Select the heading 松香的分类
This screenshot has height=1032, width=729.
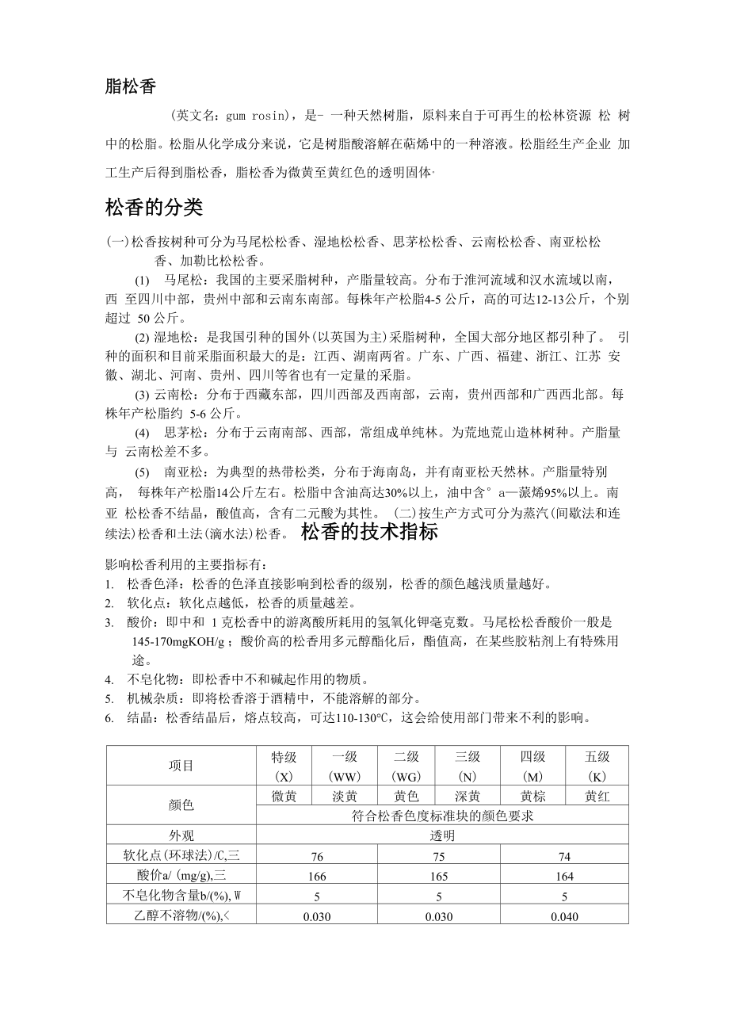pos(154,208)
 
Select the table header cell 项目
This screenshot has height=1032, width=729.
pos(181,766)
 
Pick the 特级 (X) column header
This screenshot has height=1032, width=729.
pos(284,766)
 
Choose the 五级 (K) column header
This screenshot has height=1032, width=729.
pos(597,766)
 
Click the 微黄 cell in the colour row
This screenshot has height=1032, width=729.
pos(284,797)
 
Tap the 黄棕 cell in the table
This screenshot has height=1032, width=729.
pos(532,797)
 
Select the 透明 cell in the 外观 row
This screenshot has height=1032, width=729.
pos(442,835)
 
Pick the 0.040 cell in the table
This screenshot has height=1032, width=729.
pos(564,916)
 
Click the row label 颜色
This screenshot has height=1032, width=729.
pos(181,805)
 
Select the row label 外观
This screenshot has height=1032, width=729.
pos(181,835)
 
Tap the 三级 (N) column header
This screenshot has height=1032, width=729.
pos(468,766)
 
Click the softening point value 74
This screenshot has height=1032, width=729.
pos(564,857)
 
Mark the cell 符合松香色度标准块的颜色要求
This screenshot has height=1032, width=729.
pos(442,816)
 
